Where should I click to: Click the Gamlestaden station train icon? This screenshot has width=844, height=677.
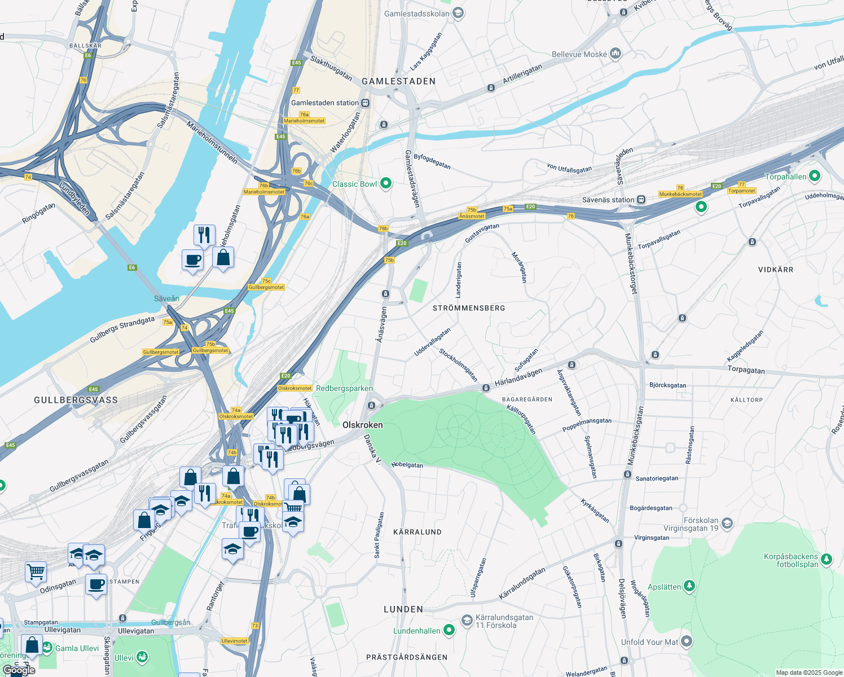[x=366, y=103]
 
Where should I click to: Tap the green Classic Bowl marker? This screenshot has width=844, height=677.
[x=386, y=183]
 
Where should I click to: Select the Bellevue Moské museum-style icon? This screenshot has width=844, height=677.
[x=616, y=54]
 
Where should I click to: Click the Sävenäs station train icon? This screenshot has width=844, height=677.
[x=641, y=200]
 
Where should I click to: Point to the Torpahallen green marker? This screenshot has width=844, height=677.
[x=814, y=176]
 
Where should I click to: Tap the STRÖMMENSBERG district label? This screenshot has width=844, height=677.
[x=469, y=308]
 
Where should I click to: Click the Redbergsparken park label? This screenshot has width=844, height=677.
[x=344, y=388]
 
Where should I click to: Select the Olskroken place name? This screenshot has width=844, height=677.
[x=362, y=425]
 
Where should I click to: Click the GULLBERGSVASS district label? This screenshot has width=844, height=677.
[x=76, y=400]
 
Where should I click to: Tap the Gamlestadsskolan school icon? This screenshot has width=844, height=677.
[x=458, y=13]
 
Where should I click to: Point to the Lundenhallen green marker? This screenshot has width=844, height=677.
[x=449, y=630]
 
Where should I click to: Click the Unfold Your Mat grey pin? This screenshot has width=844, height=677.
[x=686, y=641]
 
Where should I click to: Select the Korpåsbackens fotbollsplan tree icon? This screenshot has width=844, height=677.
[x=827, y=559]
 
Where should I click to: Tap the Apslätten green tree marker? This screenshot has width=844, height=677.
[x=689, y=586]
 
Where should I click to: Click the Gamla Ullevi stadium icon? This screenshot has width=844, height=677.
[x=47, y=647]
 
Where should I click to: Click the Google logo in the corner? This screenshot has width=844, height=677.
[x=19, y=670]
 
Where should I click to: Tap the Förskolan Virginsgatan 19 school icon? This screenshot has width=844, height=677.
[x=727, y=524]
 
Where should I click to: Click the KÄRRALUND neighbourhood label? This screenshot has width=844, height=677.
[x=417, y=532]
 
